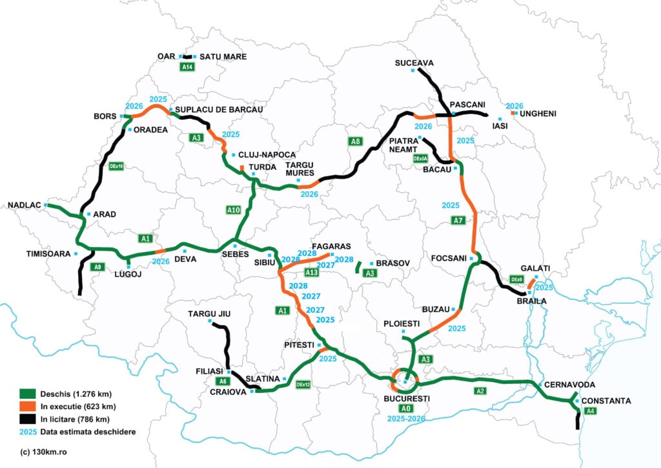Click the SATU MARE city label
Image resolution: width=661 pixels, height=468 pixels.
[x=223, y=57]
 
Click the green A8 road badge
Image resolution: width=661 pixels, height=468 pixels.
[x=355, y=142]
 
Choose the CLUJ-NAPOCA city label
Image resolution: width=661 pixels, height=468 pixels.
[x=267, y=155]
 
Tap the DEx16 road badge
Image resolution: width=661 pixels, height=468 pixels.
[x=117, y=166]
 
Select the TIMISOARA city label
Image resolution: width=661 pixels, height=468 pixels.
[x=48, y=253]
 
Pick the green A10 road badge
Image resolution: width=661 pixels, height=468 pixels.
[x=234, y=209]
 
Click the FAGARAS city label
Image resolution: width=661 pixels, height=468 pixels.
[x=330, y=246]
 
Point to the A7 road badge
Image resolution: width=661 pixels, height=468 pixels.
[x=458, y=220]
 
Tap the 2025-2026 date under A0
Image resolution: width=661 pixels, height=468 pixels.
[x=405, y=419]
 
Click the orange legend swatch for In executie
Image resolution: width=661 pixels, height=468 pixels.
[x=26, y=406]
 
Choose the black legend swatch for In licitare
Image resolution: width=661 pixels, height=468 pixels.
[x=26, y=419]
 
